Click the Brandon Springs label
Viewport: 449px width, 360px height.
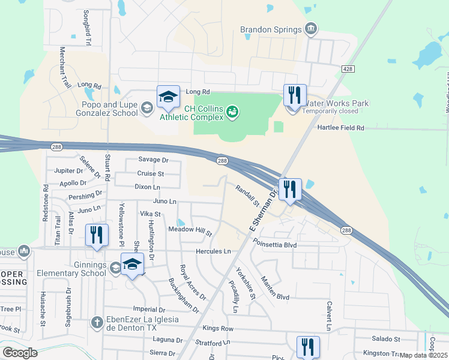pyautogui.click(x=271, y=29)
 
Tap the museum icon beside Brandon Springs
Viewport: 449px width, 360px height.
pyautogui.click(x=311, y=28)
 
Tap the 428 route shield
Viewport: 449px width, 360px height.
pyautogui.click(x=348, y=70)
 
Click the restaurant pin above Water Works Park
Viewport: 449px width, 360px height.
pyautogui.click(x=295, y=97)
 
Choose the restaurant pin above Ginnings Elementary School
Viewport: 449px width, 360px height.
pyautogui.click(x=97, y=235)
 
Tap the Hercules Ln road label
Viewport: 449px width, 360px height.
pyautogui.click(x=213, y=251)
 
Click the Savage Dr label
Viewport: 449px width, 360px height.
pyautogui.click(x=153, y=160)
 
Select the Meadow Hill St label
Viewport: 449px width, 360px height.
pyautogui.click(x=190, y=230)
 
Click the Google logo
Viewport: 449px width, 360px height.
pyautogui.click(x=20, y=352)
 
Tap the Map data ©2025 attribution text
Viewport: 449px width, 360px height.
pyautogui.click(x=423, y=355)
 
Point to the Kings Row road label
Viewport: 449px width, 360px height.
pyautogui.click(x=218, y=329)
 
